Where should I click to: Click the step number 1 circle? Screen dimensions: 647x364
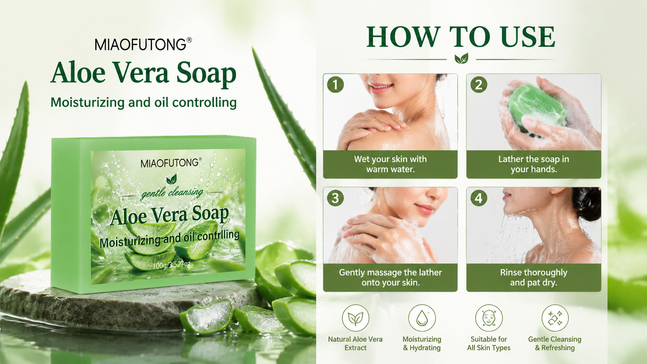335,85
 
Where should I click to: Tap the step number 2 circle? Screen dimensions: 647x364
479,85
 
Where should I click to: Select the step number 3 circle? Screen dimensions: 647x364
335,198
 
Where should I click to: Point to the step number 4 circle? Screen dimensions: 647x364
479,198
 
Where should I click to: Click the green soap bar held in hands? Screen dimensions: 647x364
537,107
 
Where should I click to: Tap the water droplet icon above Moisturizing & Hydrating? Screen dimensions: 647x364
422,318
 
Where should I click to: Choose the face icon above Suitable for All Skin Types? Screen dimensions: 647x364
489,318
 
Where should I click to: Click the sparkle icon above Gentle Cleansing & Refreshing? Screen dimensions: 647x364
555,318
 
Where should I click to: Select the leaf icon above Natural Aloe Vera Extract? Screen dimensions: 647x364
356,318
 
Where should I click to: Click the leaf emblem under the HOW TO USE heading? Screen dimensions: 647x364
461,58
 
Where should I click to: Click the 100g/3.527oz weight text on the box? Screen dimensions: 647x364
171,264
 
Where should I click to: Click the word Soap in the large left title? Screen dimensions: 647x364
206,74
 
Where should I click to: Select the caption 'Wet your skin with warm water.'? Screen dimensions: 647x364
390,164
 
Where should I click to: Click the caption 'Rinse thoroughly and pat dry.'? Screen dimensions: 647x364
534,277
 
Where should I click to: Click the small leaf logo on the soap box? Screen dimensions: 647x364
171,179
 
